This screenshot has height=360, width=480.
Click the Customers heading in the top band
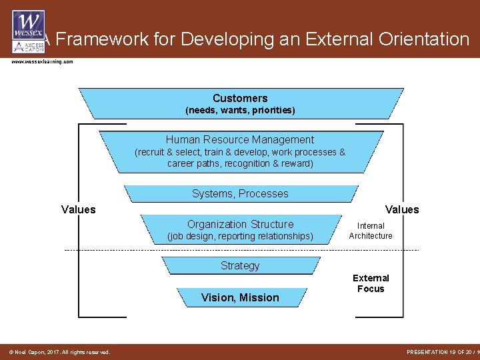click(240, 98)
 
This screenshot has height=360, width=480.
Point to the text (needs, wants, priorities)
click(240, 110)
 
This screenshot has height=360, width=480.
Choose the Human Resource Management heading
click(240, 139)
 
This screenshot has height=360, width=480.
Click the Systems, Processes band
click(240, 193)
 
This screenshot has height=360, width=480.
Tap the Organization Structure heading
click(240, 224)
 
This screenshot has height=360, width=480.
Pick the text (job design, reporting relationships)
click(240, 236)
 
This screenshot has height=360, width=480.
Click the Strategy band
click(240, 265)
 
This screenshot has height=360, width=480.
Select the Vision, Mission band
click(240, 297)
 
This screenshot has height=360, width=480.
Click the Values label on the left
click(79, 209)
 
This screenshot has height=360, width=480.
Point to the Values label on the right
click(402, 209)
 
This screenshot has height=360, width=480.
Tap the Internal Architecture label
click(371, 231)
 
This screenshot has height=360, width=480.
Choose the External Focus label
click(371, 283)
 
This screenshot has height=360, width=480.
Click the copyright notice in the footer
click(59, 352)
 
